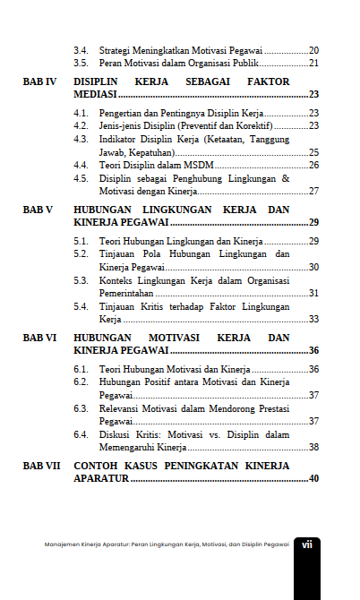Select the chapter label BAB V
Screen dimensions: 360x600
click(x=39, y=210)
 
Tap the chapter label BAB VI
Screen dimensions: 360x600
click(x=39, y=338)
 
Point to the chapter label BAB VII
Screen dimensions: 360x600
click(x=41, y=467)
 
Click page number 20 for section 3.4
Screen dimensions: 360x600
click(x=313, y=50)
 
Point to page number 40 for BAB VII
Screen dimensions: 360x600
click(x=313, y=479)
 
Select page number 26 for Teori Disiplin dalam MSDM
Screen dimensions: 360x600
click(x=313, y=166)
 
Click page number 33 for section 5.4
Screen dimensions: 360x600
click(x=313, y=319)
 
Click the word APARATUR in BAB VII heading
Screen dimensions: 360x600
click(x=102, y=479)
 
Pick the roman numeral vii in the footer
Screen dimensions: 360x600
click(x=306, y=544)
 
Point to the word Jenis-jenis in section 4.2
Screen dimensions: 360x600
click(x=119, y=126)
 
